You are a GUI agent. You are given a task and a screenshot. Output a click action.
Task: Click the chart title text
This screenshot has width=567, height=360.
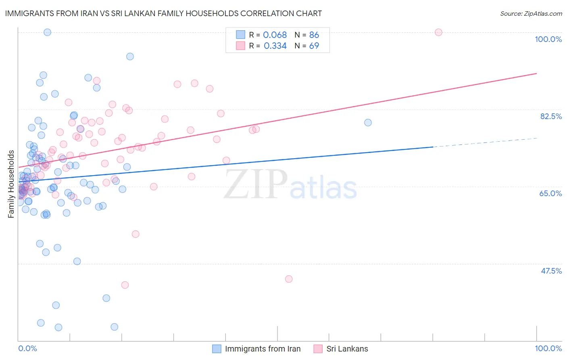coord(163,13)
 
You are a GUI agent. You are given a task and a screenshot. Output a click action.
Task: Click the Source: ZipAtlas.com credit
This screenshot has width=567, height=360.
coord(531,13)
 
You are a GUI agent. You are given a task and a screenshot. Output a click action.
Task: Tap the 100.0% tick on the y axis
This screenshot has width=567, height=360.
coord(548,39)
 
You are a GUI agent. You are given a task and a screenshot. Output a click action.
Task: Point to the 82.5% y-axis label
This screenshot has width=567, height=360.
coord(551,116)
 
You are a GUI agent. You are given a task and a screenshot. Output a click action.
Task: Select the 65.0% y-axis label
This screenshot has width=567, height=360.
coord(550,193)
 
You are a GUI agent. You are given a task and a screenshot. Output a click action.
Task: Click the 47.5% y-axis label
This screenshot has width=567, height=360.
coord(551,271)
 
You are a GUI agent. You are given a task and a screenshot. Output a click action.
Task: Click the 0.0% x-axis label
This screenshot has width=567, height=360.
coord(27,348)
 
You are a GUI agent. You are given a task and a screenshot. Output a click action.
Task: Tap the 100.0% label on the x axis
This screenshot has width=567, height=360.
coord(548,348)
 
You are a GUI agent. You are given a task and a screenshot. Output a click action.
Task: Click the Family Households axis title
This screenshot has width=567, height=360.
coord(11,184)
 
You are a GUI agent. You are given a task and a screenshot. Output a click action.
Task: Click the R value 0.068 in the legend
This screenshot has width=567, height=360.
coord(275,35)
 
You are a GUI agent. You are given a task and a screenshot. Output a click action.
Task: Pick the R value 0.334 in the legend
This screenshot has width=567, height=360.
coord(275,46)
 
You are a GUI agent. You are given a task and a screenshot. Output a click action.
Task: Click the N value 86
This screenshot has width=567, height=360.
coord(314,35)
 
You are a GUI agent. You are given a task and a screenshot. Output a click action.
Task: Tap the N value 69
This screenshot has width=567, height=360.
coord(314,46)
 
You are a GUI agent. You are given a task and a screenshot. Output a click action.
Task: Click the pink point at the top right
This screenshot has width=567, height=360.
coord(438,32)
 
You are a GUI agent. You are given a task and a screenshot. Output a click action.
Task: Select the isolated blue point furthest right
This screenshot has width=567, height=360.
coord(368,123)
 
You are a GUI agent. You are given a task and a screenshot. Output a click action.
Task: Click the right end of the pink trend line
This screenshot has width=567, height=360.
coord(536,73)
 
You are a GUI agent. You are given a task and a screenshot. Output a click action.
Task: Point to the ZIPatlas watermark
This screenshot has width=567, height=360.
coord(290,184)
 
